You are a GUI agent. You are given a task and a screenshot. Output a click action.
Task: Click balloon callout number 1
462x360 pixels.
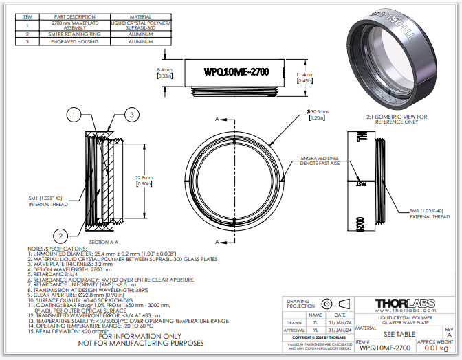(x=75, y=115)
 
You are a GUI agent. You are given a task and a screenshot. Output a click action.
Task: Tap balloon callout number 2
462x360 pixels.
(x=61, y=234)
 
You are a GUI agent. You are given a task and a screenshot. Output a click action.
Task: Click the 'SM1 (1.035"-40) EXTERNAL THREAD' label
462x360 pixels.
(x=429, y=213)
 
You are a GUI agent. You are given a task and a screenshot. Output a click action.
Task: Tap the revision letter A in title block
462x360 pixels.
(x=449, y=335)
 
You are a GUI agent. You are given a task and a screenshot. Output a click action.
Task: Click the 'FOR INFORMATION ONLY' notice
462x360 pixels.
(x=129, y=337)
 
